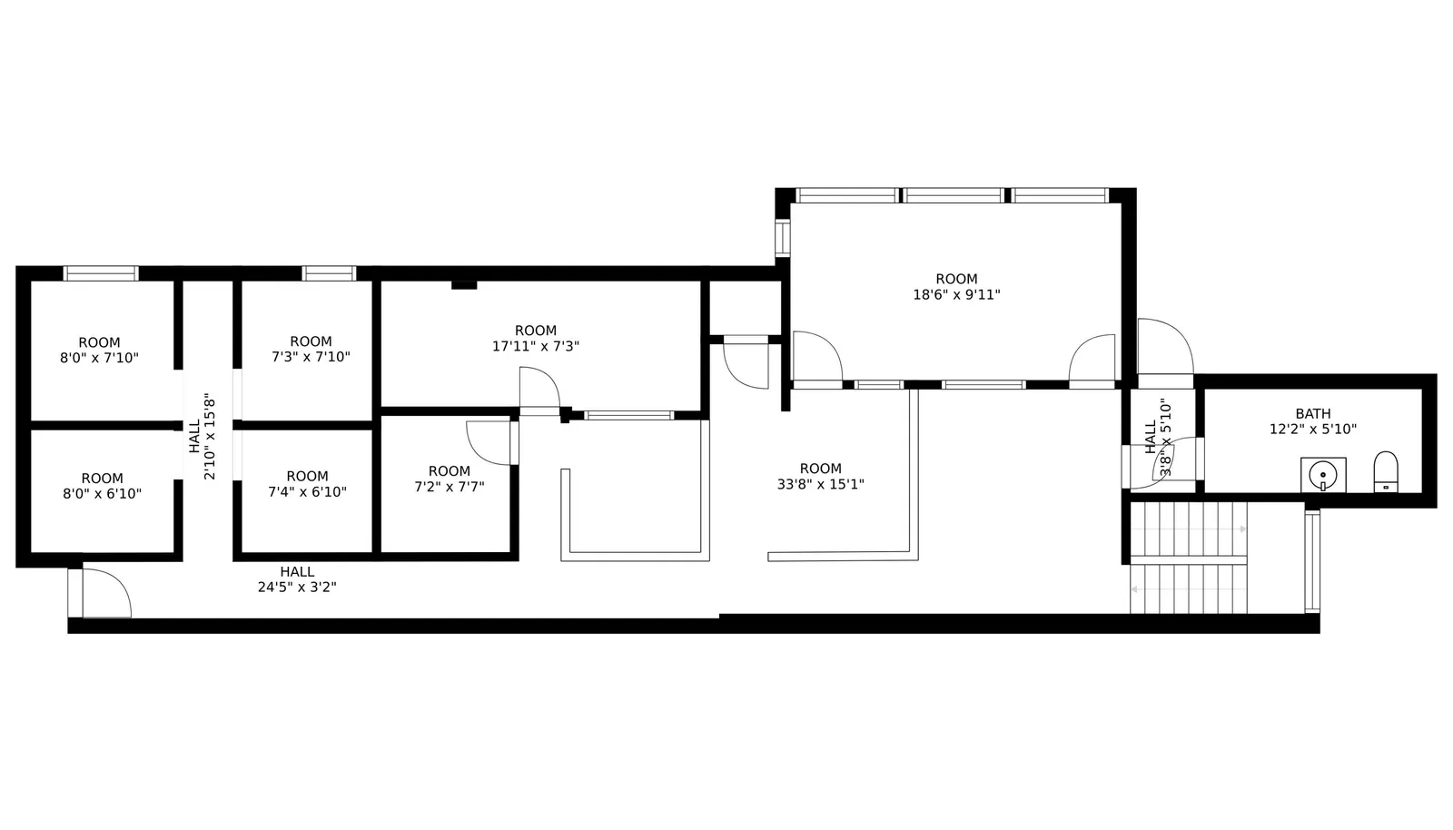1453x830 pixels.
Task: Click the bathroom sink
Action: coord(1322,475)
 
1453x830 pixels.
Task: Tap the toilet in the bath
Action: coord(1386,471)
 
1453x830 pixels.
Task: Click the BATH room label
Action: coord(1313,414)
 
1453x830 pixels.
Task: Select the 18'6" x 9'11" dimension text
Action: coord(957,295)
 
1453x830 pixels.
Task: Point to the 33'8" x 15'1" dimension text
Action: coord(821,484)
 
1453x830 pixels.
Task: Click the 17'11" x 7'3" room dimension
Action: coord(536,346)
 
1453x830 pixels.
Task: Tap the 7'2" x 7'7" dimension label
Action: coord(450,487)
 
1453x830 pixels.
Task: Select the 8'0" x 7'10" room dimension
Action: coord(99,358)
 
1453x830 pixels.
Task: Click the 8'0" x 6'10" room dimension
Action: coord(103,493)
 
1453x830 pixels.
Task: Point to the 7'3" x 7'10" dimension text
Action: coord(311,357)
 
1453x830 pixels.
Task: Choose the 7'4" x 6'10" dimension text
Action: coord(308,492)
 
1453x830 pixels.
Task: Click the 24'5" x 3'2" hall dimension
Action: coord(297,588)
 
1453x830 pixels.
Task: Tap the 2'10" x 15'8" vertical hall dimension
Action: coord(210,436)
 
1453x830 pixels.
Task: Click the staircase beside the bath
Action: coord(1189,558)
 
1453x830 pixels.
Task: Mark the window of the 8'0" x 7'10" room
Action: coord(101,273)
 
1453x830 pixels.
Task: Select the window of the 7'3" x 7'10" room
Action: coord(329,273)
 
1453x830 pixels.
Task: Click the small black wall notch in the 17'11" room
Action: coord(464,284)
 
